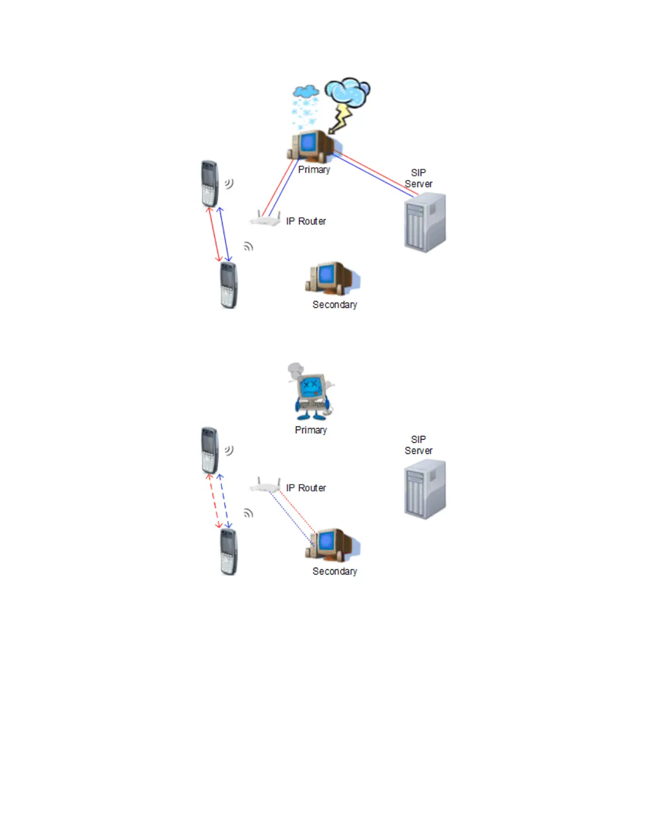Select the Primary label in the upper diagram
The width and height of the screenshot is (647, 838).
click(314, 169)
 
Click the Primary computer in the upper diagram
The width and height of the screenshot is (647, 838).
click(311, 145)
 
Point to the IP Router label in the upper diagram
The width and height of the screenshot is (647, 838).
click(306, 221)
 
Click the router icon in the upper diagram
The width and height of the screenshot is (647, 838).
click(265, 219)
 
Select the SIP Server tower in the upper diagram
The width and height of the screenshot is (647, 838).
click(425, 223)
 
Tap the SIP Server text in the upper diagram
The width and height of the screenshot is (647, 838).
click(418, 178)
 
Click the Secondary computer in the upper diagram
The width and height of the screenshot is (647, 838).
click(331, 278)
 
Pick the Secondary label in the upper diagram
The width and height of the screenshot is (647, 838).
click(335, 305)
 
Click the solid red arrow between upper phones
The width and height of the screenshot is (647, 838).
click(214, 234)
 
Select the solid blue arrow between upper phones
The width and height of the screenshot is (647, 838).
click(225, 234)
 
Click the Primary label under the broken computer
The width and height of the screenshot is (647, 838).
click(311, 430)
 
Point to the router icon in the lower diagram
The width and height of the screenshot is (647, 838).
click(265, 486)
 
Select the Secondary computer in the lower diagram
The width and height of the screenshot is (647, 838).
click(331, 544)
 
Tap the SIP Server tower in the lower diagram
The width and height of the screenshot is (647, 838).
click(425, 489)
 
